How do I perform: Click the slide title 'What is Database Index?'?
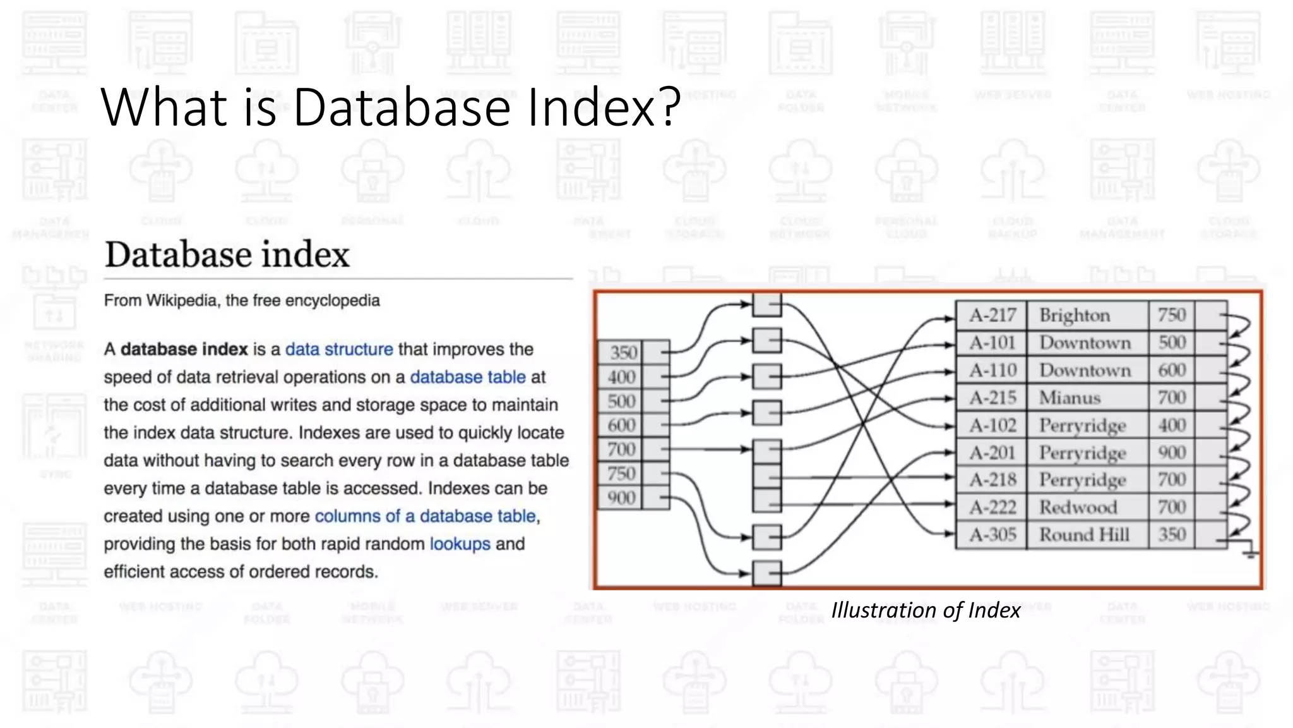(x=390, y=107)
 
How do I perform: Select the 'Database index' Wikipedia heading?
(x=227, y=255)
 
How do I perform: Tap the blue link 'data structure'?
(x=339, y=349)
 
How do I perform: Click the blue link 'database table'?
(x=468, y=377)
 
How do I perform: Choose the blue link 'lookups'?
(x=460, y=544)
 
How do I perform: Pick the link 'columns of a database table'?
(x=426, y=516)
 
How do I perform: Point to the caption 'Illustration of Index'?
(x=926, y=610)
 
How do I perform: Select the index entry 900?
(x=622, y=498)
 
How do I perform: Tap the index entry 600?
(x=622, y=425)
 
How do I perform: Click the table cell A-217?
(x=992, y=315)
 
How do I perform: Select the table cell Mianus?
(x=1070, y=398)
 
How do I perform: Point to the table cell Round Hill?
(x=1084, y=535)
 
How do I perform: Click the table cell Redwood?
(x=1078, y=507)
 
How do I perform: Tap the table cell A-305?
(x=992, y=535)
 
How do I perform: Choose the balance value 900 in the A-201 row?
(x=1172, y=452)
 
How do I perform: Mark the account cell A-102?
(x=992, y=425)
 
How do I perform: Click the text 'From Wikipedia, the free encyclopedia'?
(x=242, y=301)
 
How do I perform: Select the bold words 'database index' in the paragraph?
(x=184, y=349)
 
